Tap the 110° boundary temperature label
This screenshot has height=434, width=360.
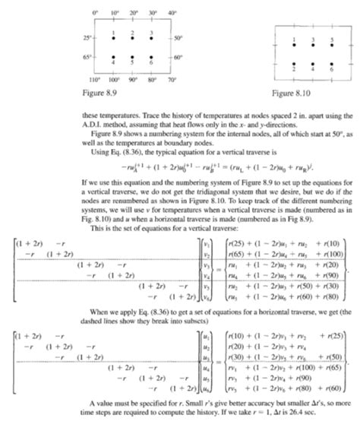pyautogui.click(x=96, y=79)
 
